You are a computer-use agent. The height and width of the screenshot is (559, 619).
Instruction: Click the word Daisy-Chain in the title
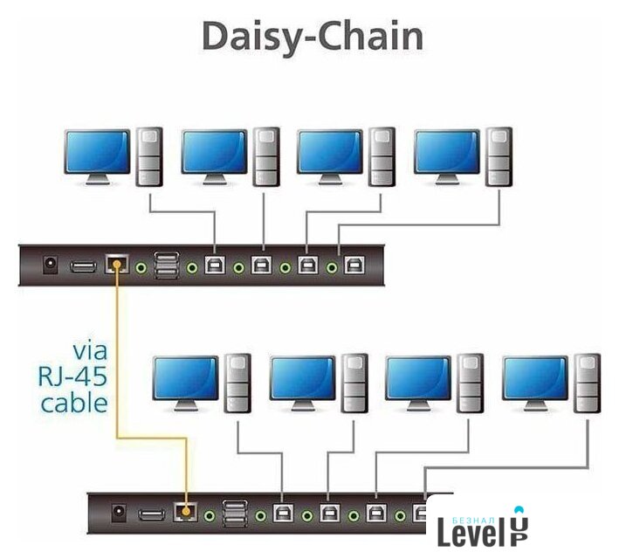(312, 38)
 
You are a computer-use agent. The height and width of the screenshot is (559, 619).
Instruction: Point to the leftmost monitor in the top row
(97, 154)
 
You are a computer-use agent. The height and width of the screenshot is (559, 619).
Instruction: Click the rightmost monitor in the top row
(446, 154)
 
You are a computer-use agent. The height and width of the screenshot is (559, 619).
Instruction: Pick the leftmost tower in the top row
(149, 156)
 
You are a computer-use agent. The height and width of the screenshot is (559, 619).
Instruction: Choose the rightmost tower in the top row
(499, 156)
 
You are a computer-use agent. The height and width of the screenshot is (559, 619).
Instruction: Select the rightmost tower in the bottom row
(587, 383)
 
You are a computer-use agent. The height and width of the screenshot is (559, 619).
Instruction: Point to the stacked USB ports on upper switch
(166, 265)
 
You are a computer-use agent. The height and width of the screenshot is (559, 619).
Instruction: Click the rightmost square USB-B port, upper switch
(353, 265)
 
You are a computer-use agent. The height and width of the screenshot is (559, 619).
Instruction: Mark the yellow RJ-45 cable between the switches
(116, 367)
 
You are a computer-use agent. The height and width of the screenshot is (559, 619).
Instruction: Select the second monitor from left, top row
(214, 154)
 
